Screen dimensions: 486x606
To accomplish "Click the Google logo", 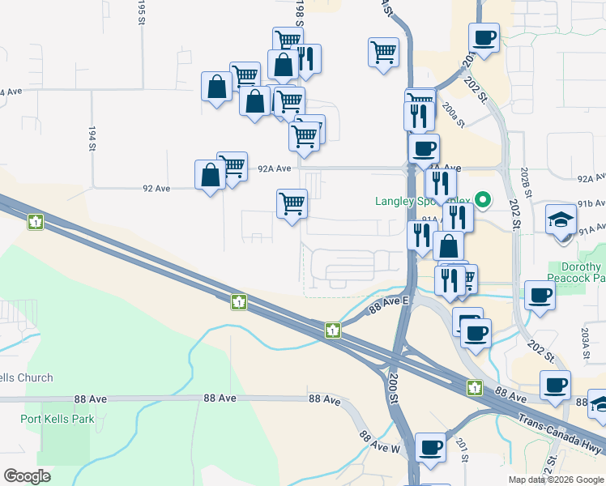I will coord(28,476).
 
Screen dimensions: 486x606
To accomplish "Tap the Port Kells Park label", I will coord(58,419).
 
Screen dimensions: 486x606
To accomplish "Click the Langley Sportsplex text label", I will coord(421,201).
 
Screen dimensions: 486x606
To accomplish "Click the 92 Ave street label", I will coord(156,189).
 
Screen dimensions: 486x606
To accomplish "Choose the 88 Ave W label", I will coord(380,441).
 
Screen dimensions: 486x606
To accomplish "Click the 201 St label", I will coord(463,450).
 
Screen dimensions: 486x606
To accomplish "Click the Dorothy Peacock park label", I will coord(582,272).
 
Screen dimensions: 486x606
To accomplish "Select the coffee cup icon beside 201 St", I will coord(430,446).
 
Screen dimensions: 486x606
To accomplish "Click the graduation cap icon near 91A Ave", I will coord(561,219).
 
